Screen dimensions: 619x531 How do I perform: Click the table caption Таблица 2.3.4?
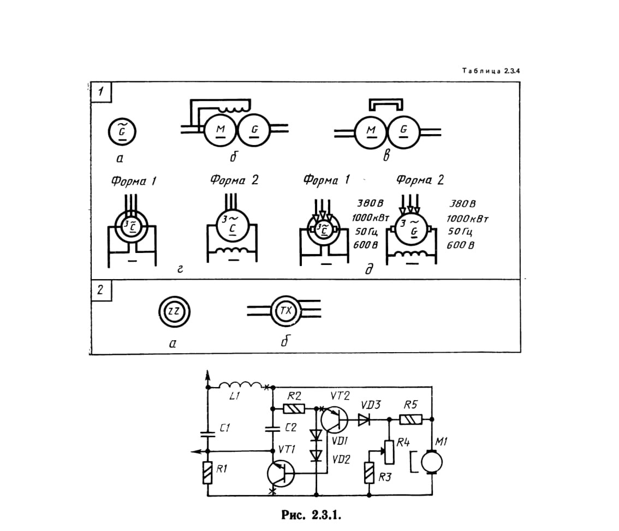coord(491,71)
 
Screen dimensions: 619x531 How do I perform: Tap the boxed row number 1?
coord(100,92)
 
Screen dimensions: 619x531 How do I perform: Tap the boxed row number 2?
coord(100,290)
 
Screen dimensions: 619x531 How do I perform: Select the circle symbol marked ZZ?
coord(174,311)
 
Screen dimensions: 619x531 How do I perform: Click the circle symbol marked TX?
coord(286,311)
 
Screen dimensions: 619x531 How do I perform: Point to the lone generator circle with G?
coord(122,132)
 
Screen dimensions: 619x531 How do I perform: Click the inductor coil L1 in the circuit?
coord(240,385)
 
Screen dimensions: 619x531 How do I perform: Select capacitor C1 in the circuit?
coord(207,435)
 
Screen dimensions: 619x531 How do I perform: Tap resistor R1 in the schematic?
coord(207,473)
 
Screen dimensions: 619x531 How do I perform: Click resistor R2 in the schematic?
coord(294,409)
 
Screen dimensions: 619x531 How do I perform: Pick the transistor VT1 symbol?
coord(281,473)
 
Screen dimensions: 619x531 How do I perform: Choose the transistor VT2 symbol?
coord(335,420)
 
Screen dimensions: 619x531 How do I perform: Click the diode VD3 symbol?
coord(364,420)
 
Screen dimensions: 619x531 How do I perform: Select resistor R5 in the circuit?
coord(411,419)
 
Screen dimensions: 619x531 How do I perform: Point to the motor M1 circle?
coord(432,462)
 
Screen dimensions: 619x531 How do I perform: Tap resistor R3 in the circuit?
coord(369,473)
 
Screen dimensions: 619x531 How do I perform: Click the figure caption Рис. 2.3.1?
coord(311,515)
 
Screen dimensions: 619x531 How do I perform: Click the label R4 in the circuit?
coord(403,442)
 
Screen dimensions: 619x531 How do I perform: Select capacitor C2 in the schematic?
coord(272,429)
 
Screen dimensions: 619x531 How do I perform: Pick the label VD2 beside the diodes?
coord(341,460)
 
